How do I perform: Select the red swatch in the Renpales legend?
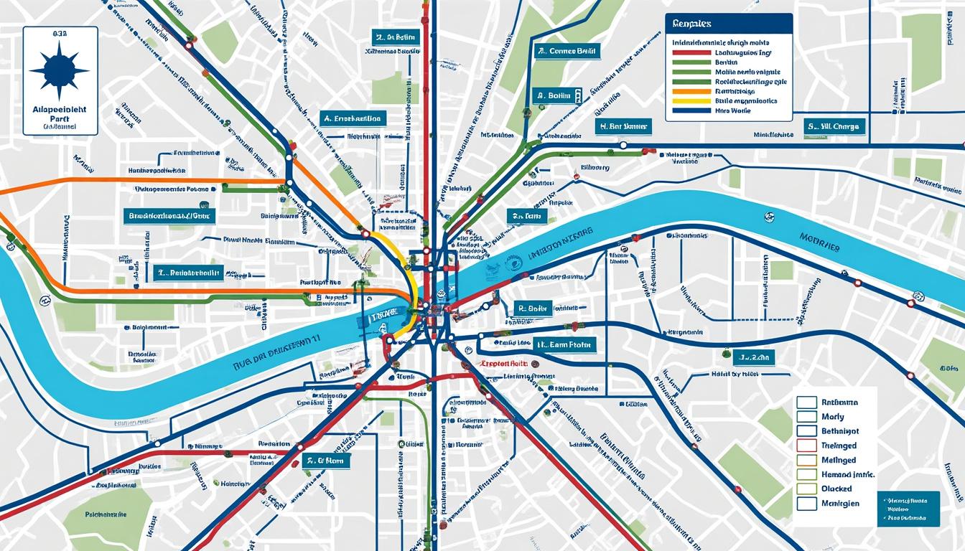(689, 52)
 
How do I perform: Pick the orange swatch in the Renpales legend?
(689, 92)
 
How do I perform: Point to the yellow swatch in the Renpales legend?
(689, 101)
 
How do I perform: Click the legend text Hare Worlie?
(732, 111)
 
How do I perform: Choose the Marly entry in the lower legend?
(833, 417)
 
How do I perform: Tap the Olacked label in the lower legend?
(836, 489)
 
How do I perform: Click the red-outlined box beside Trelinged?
(807, 446)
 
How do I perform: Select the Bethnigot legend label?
(839, 431)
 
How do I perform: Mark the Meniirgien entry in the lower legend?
(839, 503)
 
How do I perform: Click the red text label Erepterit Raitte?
(503, 364)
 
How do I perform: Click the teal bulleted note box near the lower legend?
(908, 508)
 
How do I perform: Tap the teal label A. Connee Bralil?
(567, 51)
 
